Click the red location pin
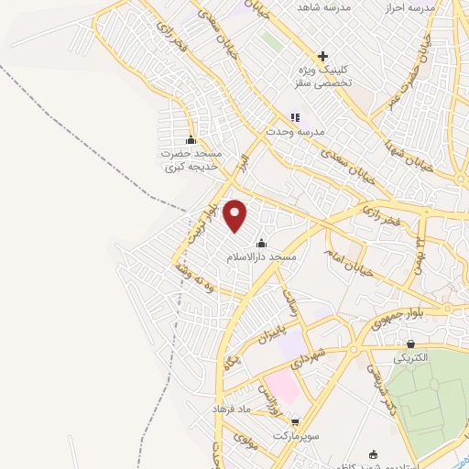(x=235, y=215)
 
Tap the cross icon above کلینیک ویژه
(x=322, y=56)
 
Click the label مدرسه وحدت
(x=296, y=132)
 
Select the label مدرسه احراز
(x=431, y=7)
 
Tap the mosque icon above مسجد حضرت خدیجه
(x=191, y=140)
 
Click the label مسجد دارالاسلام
(x=263, y=258)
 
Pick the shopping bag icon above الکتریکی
(x=410, y=344)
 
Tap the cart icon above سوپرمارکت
(x=294, y=421)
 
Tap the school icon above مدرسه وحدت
(x=295, y=117)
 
